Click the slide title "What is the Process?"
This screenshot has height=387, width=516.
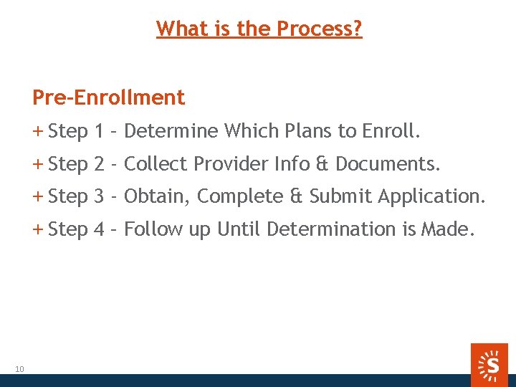pyautogui.click(x=259, y=29)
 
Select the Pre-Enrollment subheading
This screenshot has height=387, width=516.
pyautogui.click(x=108, y=97)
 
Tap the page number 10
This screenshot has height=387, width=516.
pyautogui.click(x=19, y=369)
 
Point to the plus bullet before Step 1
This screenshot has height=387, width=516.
pyautogui.click(x=38, y=131)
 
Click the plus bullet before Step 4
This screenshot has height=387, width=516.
pyautogui.click(x=38, y=229)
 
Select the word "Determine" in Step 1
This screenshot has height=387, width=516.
pyautogui.click(x=171, y=131)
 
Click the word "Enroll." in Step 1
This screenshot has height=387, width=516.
pyautogui.click(x=391, y=131)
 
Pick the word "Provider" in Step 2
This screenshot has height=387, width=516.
pyautogui.click(x=229, y=164)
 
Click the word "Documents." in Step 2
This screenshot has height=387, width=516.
pyautogui.click(x=388, y=164)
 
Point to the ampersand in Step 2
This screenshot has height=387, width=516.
pyautogui.click(x=321, y=164)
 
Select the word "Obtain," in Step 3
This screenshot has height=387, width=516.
pyautogui.click(x=157, y=196)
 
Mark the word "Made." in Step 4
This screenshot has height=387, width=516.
pyautogui.click(x=447, y=229)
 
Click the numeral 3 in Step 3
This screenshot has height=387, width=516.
pyautogui.click(x=100, y=196)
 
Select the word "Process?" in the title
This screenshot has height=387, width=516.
pyautogui.click(x=320, y=29)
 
